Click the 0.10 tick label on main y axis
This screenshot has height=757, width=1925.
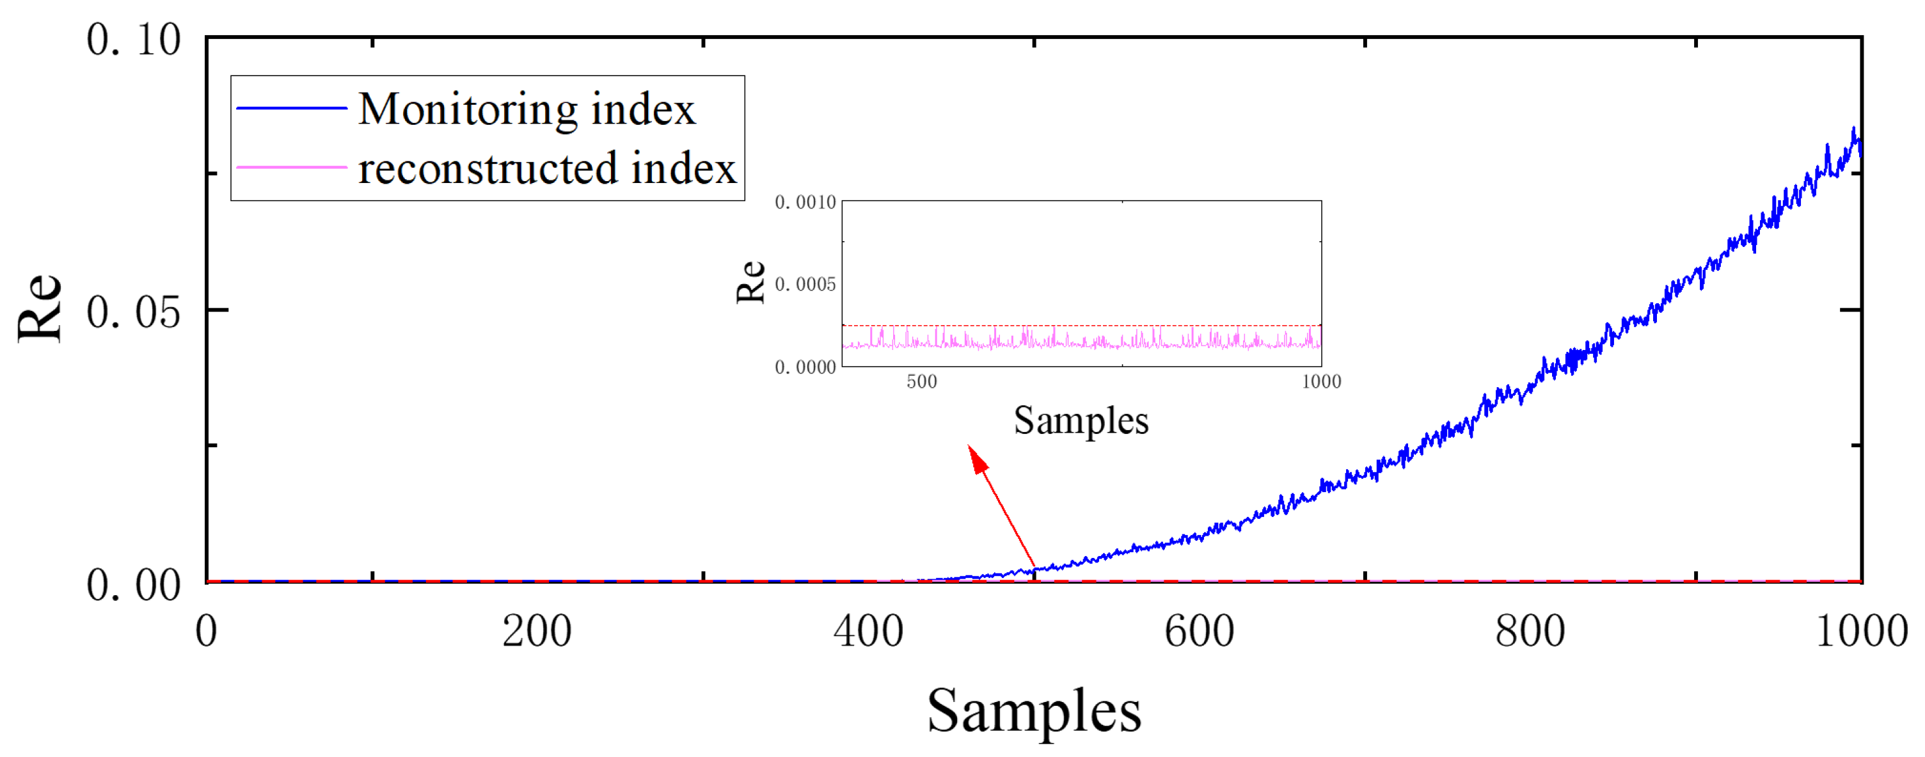pos(133,40)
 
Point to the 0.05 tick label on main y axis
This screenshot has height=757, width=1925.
pos(133,312)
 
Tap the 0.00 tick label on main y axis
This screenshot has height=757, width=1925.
pos(133,584)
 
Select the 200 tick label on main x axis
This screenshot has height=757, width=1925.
pos(537,632)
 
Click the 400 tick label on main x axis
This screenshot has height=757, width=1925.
pos(867,632)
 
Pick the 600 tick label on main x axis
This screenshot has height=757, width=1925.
pos(1199,632)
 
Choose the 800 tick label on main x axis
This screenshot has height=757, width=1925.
pos(1530,632)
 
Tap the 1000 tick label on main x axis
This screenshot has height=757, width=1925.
pos(1861,632)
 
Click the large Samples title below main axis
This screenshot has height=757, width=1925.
pos(1034,711)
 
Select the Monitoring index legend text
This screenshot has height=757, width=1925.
pos(527,109)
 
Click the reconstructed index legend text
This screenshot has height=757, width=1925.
pos(547,168)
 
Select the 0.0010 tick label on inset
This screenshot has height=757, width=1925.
pos(805,202)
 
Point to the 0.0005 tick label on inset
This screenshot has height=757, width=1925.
pos(805,285)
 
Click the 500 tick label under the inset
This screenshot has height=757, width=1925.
pos(921,382)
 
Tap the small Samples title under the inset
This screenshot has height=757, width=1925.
pos(1081,420)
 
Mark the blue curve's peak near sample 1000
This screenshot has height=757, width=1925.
pos(1853,129)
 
